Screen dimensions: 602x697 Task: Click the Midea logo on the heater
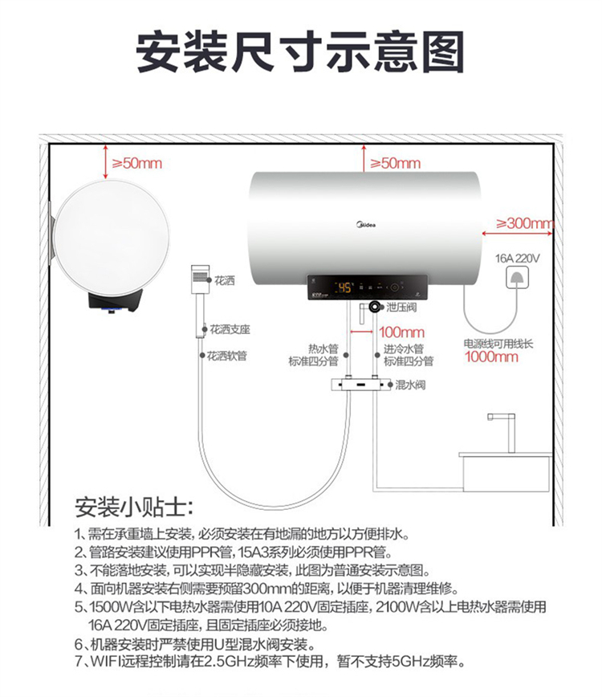[x=366, y=225]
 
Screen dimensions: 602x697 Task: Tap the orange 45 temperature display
[x=345, y=287]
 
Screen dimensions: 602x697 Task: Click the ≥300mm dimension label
[x=525, y=222]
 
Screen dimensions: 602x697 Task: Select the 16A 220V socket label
[x=517, y=259]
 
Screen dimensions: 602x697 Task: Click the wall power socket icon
[x=518, y=279]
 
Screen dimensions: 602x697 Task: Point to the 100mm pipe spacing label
[x=401, y=332]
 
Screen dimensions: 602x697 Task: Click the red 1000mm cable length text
[x=491, y=357]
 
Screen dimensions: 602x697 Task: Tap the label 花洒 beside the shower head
[x=225, y=280]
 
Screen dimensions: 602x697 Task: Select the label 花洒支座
[x=230, y=329]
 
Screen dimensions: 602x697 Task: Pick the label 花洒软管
[x=226, y=356]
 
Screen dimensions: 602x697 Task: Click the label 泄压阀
[x=401, y=308]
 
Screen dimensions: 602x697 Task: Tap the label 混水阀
[x=410, y=385]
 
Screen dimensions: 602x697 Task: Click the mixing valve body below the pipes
[x=360, y=384]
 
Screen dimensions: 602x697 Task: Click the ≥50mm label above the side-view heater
[x=136, y=163]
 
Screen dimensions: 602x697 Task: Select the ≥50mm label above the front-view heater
[x=396, y=163]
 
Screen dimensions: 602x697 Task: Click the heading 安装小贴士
[x=134, y=507]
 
